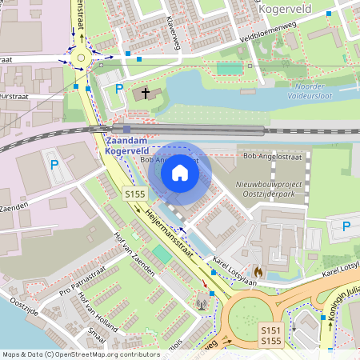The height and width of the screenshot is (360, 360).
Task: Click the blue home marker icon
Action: pos(180,172)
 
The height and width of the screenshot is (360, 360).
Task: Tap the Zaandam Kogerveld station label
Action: pos(126,146)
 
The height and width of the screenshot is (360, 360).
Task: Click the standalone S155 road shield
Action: pos(134,194)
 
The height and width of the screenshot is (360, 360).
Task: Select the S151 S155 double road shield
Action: pos(272,335)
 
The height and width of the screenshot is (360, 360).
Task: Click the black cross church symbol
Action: pos(146,94)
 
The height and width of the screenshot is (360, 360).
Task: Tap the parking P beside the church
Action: pos(119,88)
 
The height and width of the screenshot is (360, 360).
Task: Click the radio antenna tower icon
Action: pos(201,303)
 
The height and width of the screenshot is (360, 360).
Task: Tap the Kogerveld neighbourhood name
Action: pos(286,8)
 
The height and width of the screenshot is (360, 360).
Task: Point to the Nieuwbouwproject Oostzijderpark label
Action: pos(270,189)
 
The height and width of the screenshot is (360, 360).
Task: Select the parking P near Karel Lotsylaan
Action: pos(346,226)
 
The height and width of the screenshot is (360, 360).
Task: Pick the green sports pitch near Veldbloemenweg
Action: pos(229,69)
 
